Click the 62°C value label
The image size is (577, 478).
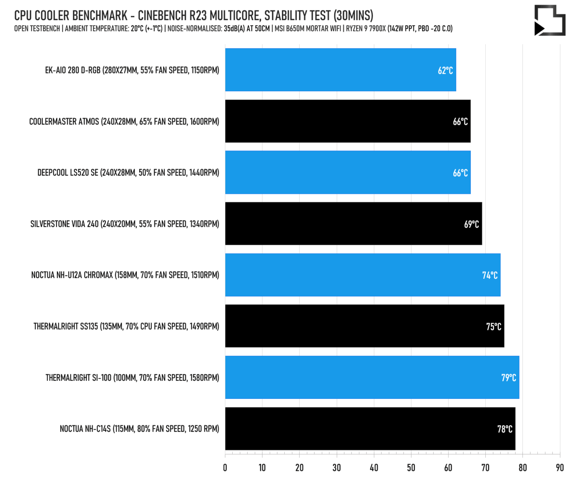coord(445,70)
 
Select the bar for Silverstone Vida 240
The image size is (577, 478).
coord(353,224)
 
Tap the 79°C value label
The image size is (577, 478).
coord(508,378)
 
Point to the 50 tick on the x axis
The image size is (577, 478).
coord(411,468)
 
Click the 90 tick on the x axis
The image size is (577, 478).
coord(559,468)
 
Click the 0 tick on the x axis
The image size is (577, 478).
coord(225,468)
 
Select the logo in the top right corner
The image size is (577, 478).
coord(549,20)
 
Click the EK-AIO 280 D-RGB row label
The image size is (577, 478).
coord(132,70)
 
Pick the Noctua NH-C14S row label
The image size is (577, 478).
coord(139,429)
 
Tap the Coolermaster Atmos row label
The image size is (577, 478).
coord(124,122)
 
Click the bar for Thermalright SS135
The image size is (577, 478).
coord(364,326)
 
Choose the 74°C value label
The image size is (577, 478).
coord(489,275)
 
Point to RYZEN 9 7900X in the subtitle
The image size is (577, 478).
coord(366,29)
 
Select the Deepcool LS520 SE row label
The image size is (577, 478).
coord(128,173)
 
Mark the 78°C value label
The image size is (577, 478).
coord(504,429)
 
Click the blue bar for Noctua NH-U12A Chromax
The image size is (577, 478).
coord(363,275)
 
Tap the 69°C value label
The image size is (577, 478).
coord(471,224)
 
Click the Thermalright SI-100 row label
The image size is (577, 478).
coord(132,378)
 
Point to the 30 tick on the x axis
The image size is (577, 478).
coord(336,468)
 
